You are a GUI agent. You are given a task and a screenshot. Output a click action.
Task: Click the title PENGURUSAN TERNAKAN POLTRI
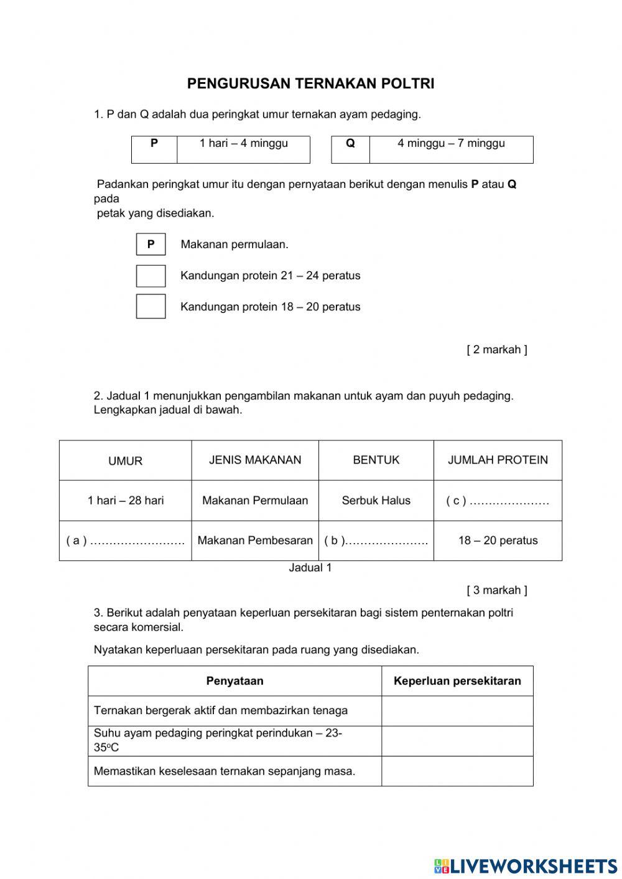(x=310, y=84)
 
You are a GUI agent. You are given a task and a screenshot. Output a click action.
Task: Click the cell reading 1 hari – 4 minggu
(x=243, y=144)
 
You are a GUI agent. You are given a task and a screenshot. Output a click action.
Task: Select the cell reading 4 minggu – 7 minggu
(x=451, y=144)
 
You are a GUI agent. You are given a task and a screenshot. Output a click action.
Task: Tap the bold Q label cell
(x=350, y=144)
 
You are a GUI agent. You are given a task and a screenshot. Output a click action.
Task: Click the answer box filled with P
(x=151, y=244)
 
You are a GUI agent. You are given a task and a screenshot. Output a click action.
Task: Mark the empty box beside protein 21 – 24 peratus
(x=151, y=276)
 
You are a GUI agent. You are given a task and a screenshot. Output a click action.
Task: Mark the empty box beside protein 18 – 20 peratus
(x=151, y=306)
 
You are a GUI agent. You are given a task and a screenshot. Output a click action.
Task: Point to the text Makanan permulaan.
(x=234, y=244)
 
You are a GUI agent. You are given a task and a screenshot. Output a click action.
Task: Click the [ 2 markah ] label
(x=496, y=350)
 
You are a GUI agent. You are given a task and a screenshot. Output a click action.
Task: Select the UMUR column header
(x=125, y=461)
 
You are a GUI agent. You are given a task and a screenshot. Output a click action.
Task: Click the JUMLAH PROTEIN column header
(x=498, y=460)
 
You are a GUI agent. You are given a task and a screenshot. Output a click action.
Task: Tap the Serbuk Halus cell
(x=376, y=501)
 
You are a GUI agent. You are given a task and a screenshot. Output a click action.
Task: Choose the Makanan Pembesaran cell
(x=255, y=541)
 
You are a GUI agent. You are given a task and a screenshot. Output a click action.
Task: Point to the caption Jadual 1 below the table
(x=310, y=568)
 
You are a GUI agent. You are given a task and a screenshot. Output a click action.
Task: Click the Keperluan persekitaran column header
(x=457, y=681)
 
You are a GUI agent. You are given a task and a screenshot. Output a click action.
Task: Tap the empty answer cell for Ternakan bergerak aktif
(x=457, y=711)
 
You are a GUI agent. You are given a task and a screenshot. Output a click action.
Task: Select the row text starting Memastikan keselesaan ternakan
(x=225, y=771)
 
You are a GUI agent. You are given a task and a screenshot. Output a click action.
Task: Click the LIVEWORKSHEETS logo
(x=526, y=865)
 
